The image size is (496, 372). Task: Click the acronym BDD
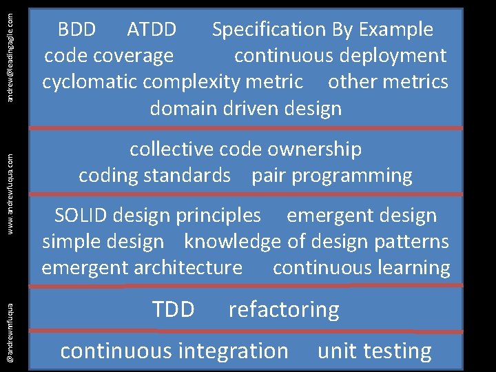tap(76, 30)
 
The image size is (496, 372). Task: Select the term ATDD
tap(152, 30)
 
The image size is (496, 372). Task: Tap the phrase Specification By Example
tap(322, 30)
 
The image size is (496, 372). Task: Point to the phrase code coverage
tap(109, 56)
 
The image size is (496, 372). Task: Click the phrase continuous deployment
tap(340, 56)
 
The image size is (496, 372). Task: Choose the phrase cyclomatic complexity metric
tap(172, 82)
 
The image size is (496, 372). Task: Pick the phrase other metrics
tap(388, 82)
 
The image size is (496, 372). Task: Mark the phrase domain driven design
tap(245, 108)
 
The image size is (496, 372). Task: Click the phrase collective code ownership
tap(245, 149)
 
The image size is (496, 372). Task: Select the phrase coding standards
tap(154, 176)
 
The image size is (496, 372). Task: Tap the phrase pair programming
tap(331, 176)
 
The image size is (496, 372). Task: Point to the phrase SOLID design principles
tap(158, 216)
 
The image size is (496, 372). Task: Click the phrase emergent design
tap(362, 216)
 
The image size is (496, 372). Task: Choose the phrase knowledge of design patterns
tap(316, 242)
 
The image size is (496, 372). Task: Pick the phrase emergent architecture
tap(142, 268)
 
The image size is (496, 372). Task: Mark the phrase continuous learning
tap(362, 268)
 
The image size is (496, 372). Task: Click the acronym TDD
tap(173, 310)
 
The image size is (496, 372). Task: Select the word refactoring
tap(284, 310)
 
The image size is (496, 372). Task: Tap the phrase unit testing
tap(375, 351)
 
